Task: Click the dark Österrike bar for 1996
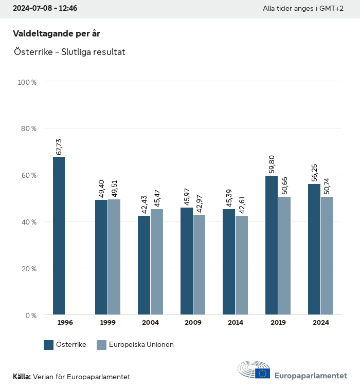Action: click(x=59, y=236)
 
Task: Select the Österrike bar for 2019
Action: click(x=272, y=245)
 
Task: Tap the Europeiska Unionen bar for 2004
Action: click(x=157, y=262)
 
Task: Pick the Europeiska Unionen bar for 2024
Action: click(x=327, y=255)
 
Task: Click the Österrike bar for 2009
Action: click(x=187, y=261)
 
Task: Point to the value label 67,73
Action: click(x=59, y=147)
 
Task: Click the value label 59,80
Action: click(x=272, y=165)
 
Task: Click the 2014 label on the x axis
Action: click(x=235, y=323)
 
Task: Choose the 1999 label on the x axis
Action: click(x=107, y=323)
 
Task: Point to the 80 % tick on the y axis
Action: click(x=28, y=128)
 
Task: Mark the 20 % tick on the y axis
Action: click(x=28, y=269)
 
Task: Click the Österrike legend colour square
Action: click(x=49, y=345)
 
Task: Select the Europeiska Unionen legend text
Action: click(x=141, y=345)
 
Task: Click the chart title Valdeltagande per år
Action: click(x=57, y=33)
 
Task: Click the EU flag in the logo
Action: click(x=263, y=374)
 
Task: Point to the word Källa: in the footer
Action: click(x=22, y=377)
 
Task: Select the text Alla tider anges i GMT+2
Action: click(x=303, y=9)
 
